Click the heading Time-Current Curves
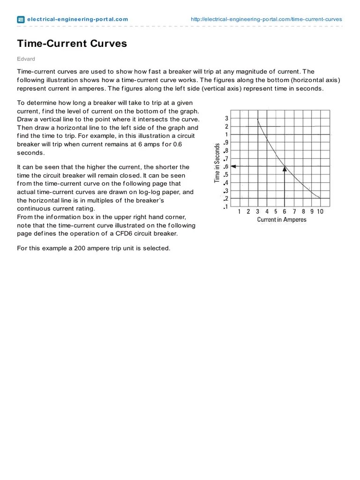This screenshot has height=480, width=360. (x=72, y=44)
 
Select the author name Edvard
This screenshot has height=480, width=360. (x=26, y=59)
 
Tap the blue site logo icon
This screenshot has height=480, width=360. (x=21, y=20)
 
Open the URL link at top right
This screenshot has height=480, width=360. (x=266, y=19)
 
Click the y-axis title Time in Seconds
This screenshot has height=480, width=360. (x=217, y=162)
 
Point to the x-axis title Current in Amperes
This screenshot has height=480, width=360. (x=282, y=220)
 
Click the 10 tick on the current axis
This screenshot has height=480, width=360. (x=320, y=211)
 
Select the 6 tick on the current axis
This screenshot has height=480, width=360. (x=285, y=211)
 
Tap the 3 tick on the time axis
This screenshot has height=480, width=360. (x=226, y=118)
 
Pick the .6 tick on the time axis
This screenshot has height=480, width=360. (x=226, y=166)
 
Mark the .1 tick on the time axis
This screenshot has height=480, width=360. (x=226, y=207)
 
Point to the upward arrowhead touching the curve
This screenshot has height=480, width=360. (x=285, y=169)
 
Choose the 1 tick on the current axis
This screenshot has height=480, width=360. (x=240, y=211)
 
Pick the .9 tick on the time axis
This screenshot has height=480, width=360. (x=226, y=142)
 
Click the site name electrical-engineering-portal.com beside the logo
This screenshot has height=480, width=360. (x=77, y=19)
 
